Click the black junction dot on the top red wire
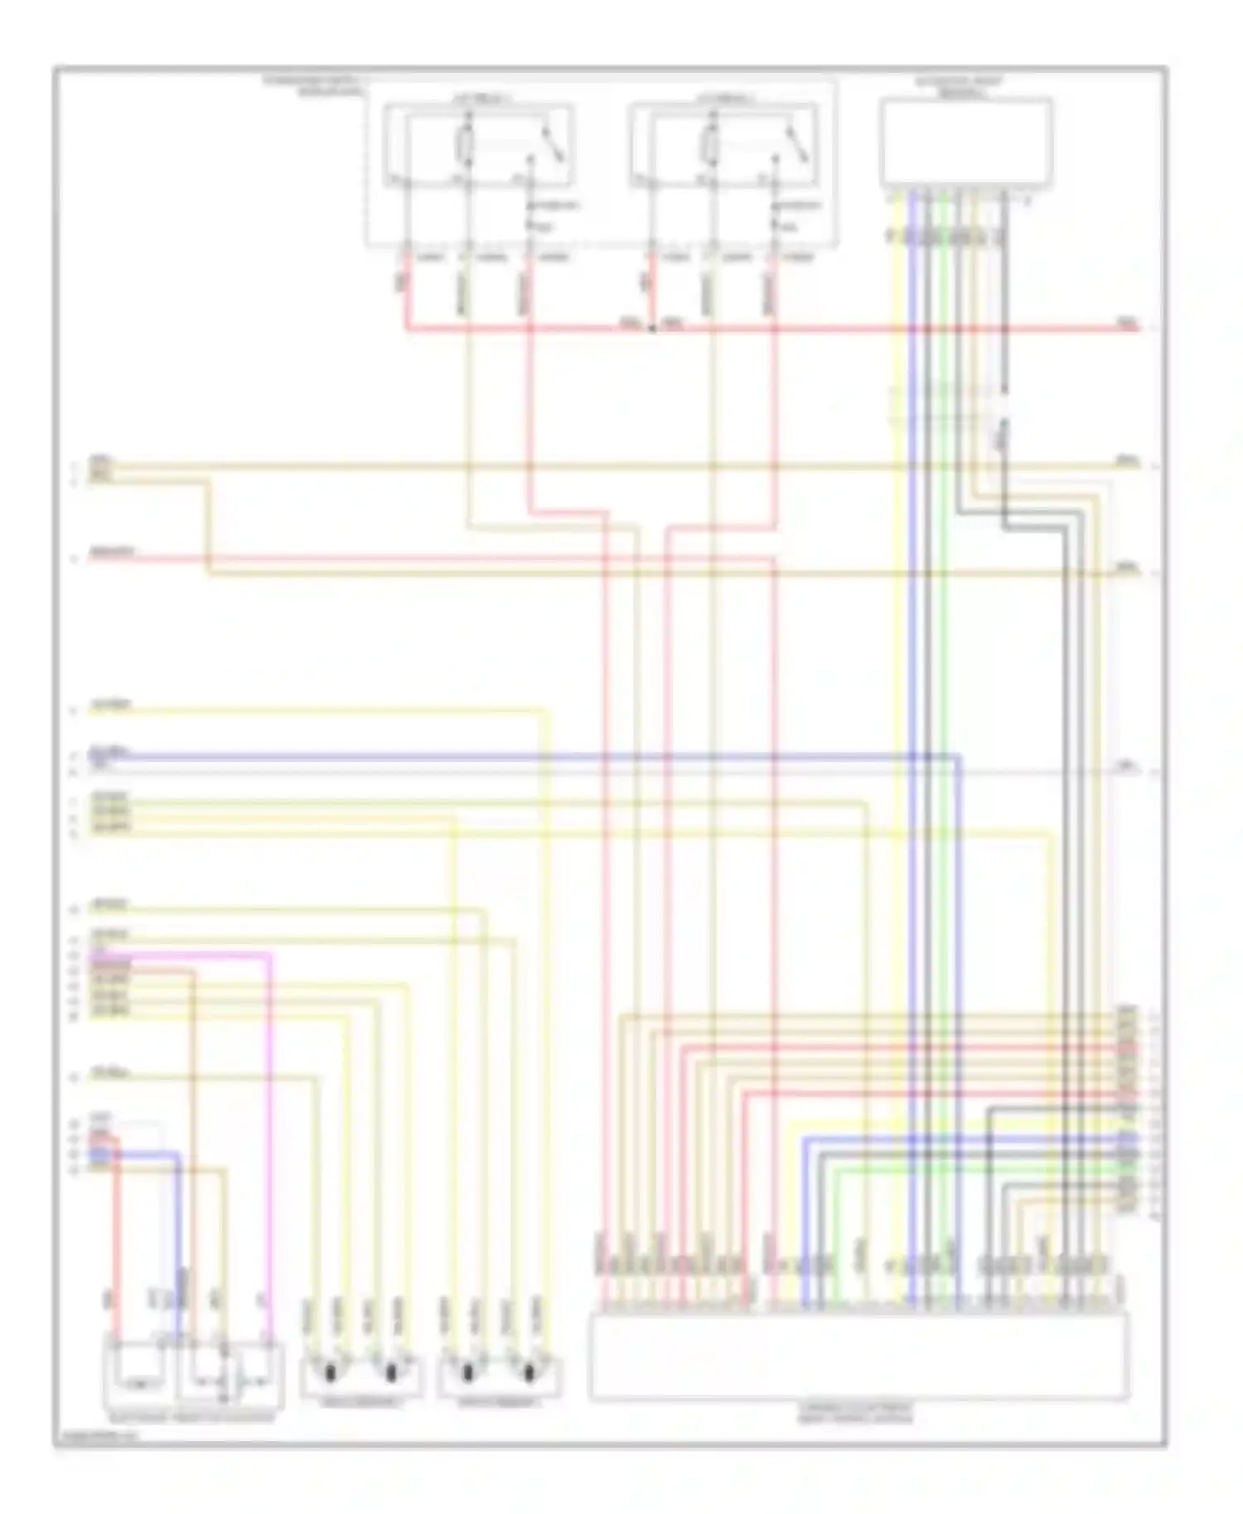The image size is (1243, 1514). (x=652, y=329)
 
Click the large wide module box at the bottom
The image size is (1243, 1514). (x=858, y=1355)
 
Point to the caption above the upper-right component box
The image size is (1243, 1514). (x=960, y=87)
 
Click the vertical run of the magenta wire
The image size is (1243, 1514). (x=269, y=1143)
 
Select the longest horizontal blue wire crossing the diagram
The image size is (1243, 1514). (x=530, y=756)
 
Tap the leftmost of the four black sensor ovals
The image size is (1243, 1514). (x=330, y=1372)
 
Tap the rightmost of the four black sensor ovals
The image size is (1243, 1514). (x=530, y=1372)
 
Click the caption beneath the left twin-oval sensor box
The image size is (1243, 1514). (x=360, y=1402)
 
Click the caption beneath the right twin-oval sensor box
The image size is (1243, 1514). (x=499, y=1402)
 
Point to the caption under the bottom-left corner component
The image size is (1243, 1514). (x=192, y=1418)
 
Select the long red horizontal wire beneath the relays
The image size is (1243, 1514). (x=829, y=329)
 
